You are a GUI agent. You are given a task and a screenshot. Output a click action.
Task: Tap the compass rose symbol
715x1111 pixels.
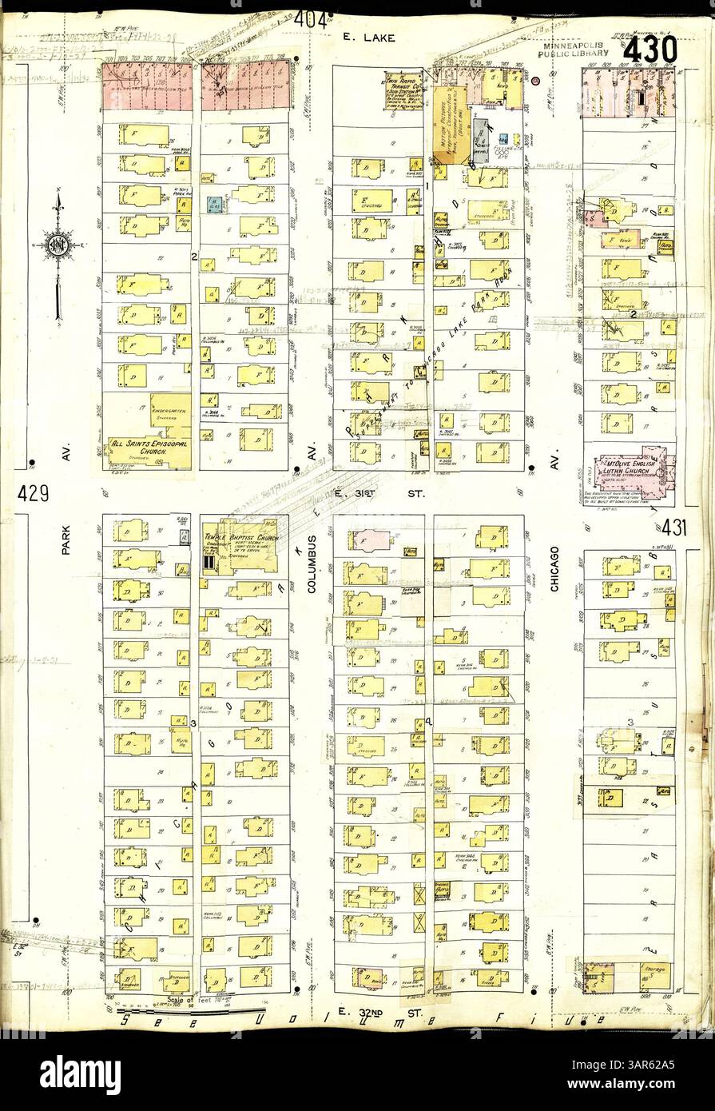58,244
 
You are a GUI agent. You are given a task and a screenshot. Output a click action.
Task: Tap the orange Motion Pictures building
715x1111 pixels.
450,125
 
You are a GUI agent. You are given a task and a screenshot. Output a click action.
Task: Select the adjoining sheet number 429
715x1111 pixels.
32,494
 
